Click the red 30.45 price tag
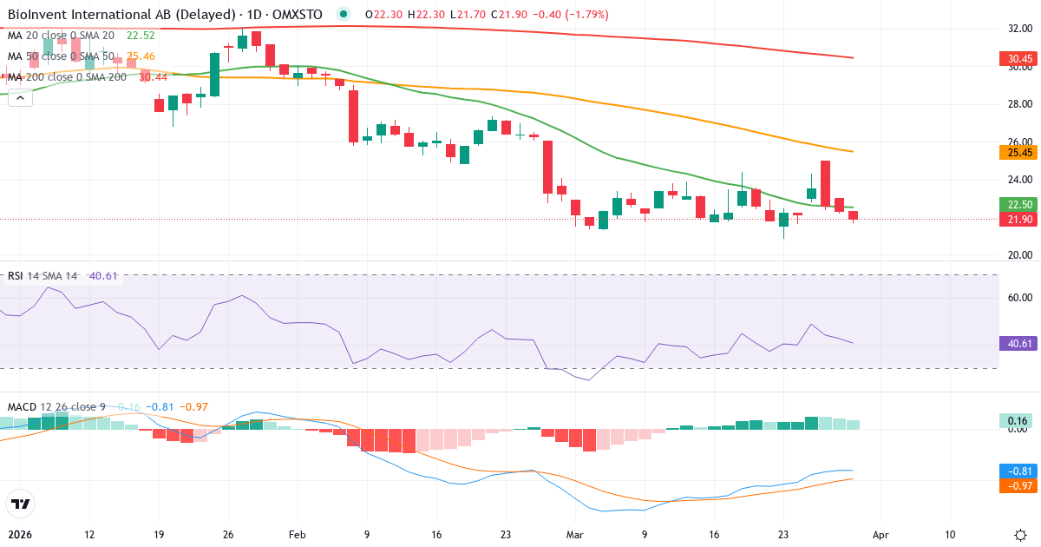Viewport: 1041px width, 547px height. (x=1019, y=59)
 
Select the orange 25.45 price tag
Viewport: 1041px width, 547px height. (x=1019, y=153)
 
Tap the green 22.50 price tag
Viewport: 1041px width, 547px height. (x=1019, y=205)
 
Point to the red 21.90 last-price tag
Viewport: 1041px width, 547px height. (x=1019, y=220)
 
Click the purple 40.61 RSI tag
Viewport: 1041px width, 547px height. (x=1019, y=344)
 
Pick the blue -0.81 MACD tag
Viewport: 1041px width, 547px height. (x=1019, y=471)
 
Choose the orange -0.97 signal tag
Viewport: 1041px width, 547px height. (x=1019, y=485)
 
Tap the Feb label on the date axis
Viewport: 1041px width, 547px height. (x=297, y=535)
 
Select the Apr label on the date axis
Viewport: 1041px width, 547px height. (x=880, y=535)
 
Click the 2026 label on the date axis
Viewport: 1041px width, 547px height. (x=20, y=535)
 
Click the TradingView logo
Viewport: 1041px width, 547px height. (x=20, y=504)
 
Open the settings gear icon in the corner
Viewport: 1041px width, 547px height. (x=1021, y=535)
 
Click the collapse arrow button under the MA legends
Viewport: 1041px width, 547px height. (x=20, y=98)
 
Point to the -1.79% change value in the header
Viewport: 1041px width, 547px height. (x=587, y=15)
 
